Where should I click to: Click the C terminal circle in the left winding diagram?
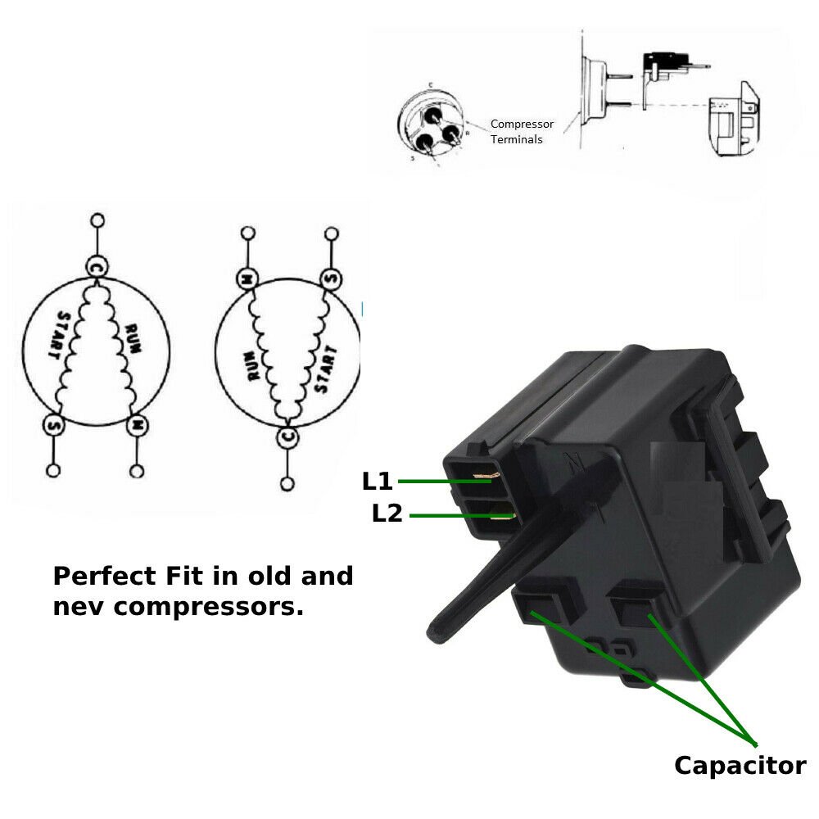(96, 267)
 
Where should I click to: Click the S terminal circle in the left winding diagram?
(54, 426)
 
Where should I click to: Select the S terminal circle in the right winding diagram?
(330, 278)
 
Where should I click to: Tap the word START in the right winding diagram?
(325, 370)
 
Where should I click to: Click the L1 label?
(378, 482)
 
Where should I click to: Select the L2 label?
(387, 514)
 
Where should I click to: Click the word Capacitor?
(740, 766)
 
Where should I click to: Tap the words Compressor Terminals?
(522, 132)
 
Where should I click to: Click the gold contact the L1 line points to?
(493, 480)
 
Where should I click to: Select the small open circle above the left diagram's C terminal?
(97, 220)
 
